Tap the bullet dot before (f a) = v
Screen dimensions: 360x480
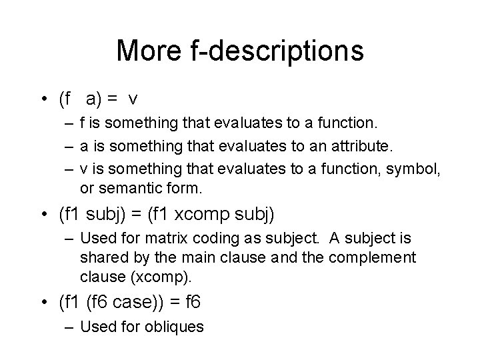[x=43, y=100]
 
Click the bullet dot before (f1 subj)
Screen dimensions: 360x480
[x=43, y=215]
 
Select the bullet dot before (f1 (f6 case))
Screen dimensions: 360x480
[x=43, y=303]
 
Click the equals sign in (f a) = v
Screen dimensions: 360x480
[x=113, y=100]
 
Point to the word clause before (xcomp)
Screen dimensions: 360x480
[x=101, y=276]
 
